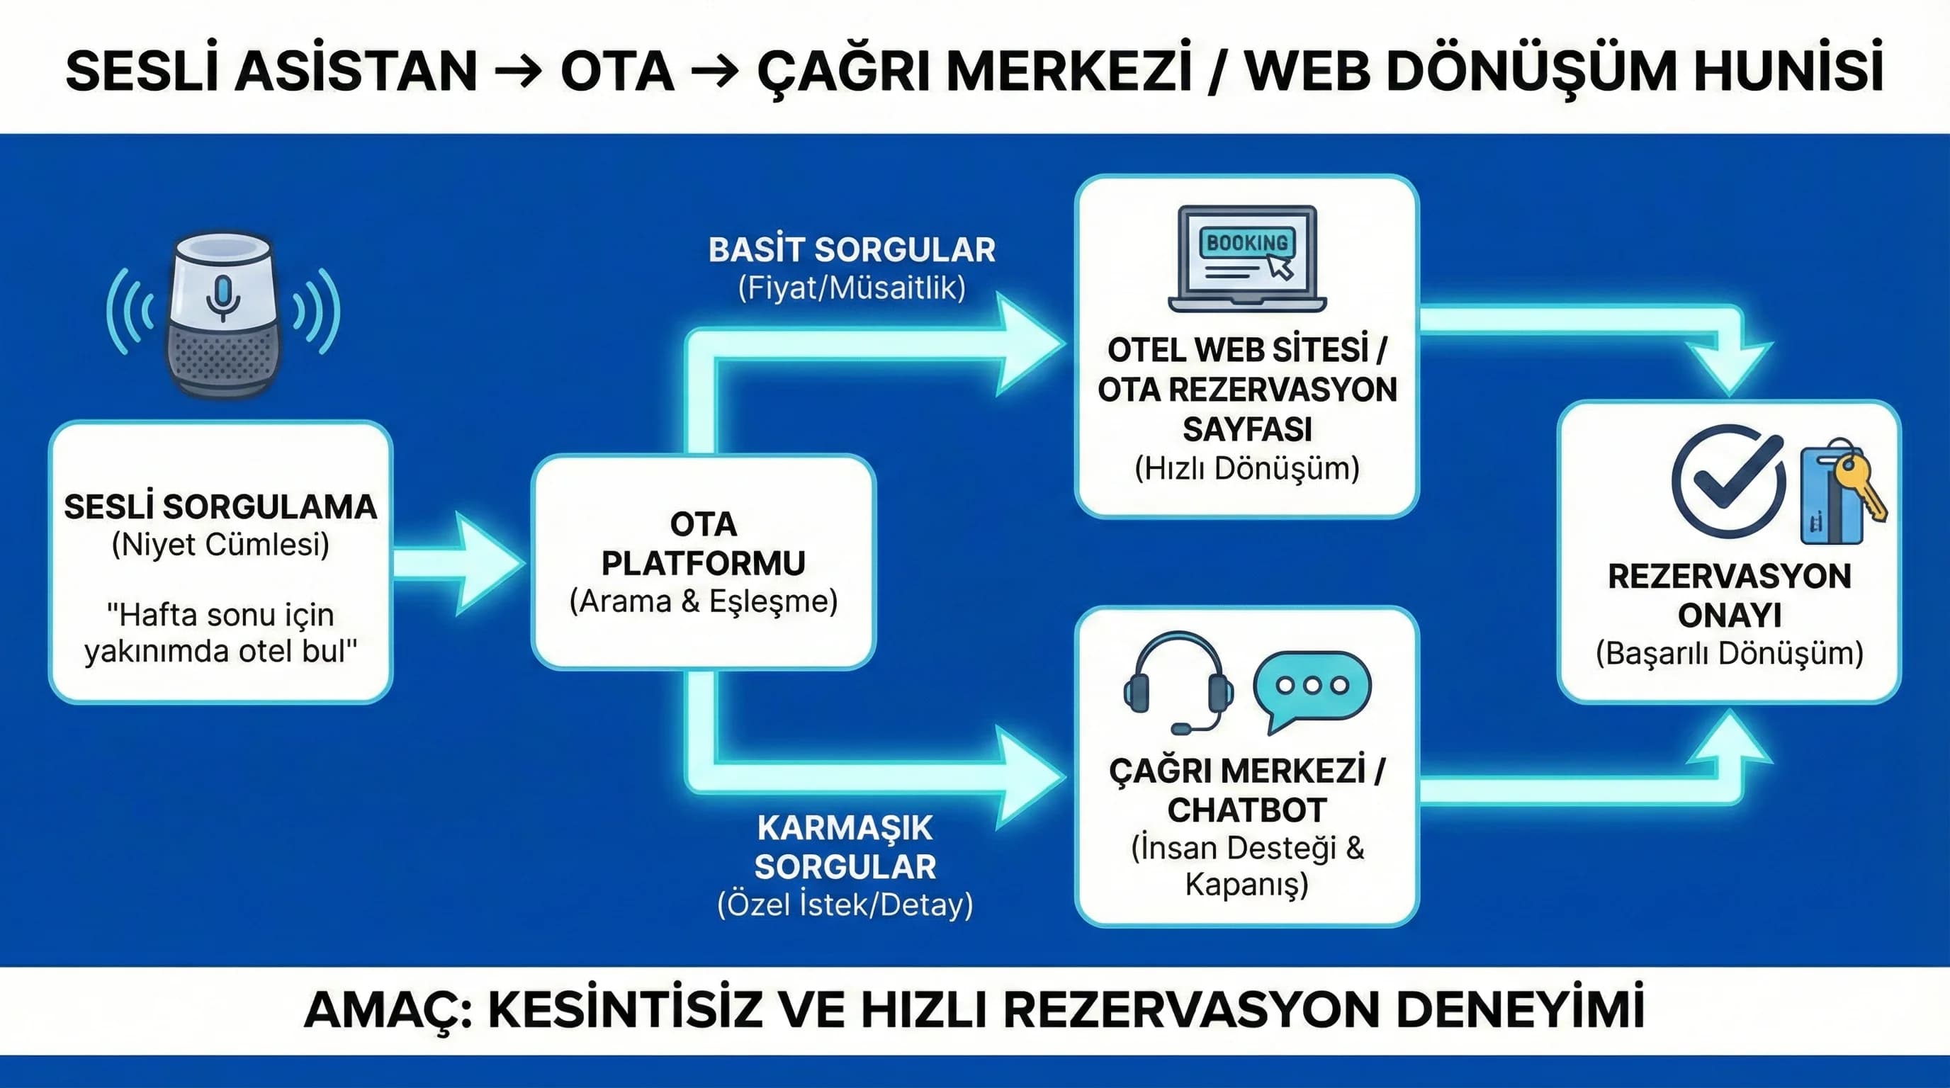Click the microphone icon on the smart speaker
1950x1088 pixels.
pyautogui.click(x=223, y=297)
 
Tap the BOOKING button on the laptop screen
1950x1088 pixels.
pyautogui.click(x=1247, y=243)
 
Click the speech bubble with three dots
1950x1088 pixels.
pyautogui.click(x=1312, y=688)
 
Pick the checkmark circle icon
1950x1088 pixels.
pyautogui.click(x=1728, y=481)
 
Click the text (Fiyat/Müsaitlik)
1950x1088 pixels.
pyautogui.click(x=852, y=288)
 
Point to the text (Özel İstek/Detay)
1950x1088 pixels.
pyautogui.click(x=845, y=905)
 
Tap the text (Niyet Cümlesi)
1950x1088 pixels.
pyautogui.click(x=220, y=545)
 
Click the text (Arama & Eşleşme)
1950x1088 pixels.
pyautogui.click(x=703, y=601)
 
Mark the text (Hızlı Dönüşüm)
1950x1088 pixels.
pyautogui.click(x=1247, y=468)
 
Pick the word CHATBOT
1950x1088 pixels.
pyautogui.click(x=1247, y=810)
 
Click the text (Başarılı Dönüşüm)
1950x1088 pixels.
pyautogui.click(x=1729, y=654)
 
